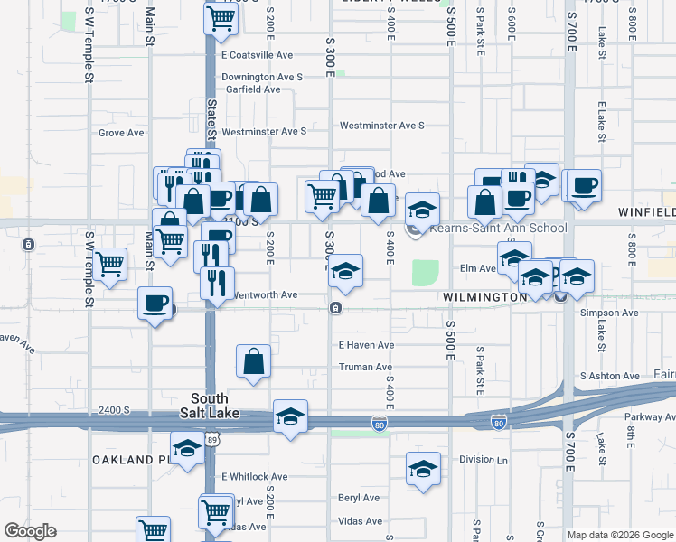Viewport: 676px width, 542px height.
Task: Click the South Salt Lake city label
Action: [x=209, y=406]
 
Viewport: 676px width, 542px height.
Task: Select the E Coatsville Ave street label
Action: [x=258, y=55]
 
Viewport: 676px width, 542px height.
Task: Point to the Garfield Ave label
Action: [x=252, y=89]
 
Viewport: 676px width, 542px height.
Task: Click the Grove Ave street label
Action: [x=121, y=133]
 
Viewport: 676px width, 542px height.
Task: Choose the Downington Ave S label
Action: [x=262, y=77]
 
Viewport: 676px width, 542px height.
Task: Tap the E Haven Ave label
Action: [x=366, y=345]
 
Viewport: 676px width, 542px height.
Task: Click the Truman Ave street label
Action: [x=365, y=367]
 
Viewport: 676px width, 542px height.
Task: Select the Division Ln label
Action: [x=484, y=459]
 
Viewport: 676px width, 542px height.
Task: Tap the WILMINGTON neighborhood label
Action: [x=485, y=296]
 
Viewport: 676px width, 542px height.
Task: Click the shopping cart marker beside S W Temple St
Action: [x=109, y=264]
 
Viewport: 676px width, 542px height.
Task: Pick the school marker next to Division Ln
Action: [x=423, y=469]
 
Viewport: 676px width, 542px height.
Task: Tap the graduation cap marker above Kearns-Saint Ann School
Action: [x=421, y=210]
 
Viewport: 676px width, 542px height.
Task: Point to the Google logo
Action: [x=30, y=531]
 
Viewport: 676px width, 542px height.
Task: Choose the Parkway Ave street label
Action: [x=650, y=416]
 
